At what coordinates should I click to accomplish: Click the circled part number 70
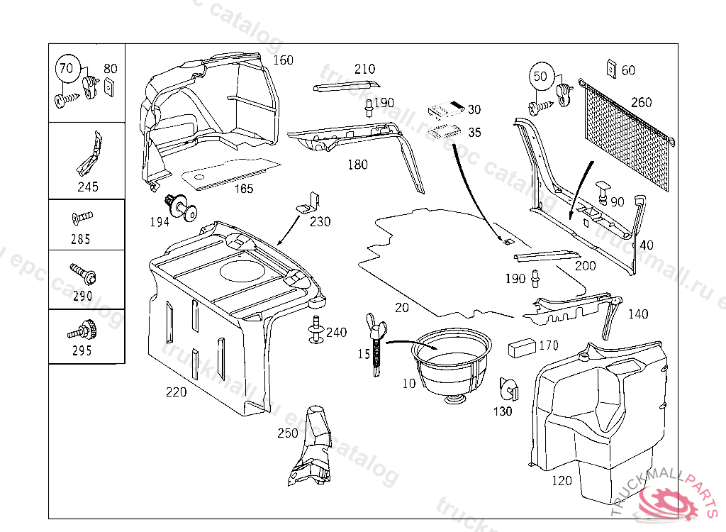tap(66, 70)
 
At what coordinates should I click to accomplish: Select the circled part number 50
tap(541, 76)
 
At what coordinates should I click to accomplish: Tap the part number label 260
tap(641, 103)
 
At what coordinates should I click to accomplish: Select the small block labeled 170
tap(523, 348)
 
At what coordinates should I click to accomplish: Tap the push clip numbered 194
tap(181, 205)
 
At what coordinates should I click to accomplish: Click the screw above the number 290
tap(83, 272)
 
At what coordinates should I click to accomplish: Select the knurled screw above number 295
tap(82, 329)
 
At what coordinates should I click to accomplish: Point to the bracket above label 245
tap(89, 153)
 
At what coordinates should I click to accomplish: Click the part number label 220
tap(177, 392)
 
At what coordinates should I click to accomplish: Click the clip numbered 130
tap(508, 388)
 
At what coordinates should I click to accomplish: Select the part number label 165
tap(244, 189)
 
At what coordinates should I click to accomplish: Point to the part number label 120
tap(561, 481)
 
